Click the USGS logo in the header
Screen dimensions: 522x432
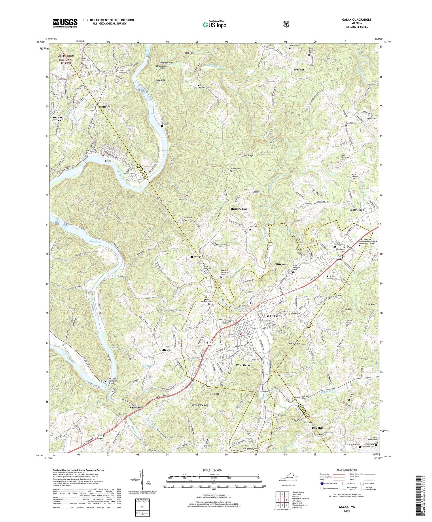[x=65, y=23]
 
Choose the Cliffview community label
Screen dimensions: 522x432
[x=280, y=264]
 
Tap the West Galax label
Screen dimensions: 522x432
[x=243, y=365]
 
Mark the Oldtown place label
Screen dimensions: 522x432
[x=165, y=350]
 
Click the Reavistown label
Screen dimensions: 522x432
[x=137, y=408]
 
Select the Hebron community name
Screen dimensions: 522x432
[x=299, y=70]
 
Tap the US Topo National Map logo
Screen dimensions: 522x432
[x=215, y=24]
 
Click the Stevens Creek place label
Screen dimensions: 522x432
[x=57, y=119]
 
